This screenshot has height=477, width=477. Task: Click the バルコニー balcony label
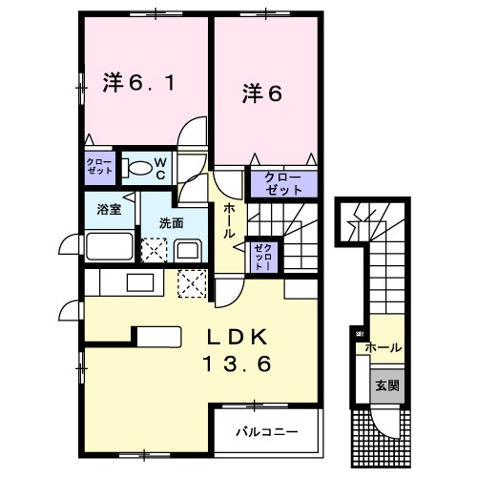point(267,430)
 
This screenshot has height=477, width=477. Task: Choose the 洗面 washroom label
point(172,224)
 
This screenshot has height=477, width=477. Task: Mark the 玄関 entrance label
point(388,385)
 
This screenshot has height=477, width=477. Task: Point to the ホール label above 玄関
point(383,348)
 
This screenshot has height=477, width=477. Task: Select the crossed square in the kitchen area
point(193,283)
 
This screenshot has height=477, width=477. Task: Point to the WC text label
point(160,169)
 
